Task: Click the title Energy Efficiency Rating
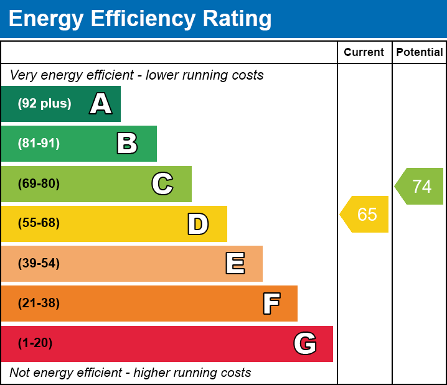[x=140, y=19]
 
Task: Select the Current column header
[x=364, y=53]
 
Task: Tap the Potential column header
[x=420, y=53]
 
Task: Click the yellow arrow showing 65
[x=365, y=215]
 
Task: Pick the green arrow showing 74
[x=420, y=186]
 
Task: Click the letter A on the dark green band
[x=101, y=104]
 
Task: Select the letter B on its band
[x=127, y=144]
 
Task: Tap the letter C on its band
[x=162, y=184]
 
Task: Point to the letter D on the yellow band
[x=198, y=224]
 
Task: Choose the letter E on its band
[x=235, y=264]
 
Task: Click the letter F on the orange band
[x=271, y=304]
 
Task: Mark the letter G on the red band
[x=305, y=343]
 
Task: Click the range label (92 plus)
[x=44, y=104]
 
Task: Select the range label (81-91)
[x=39, y=144]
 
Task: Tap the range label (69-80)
[x=39, y=184]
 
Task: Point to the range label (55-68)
[x=39, y=223]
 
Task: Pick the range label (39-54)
[x=39, y=264]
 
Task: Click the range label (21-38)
[x=39, y=304]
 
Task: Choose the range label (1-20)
[x=35, y=343]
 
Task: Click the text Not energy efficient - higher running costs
[x=130, y=373]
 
